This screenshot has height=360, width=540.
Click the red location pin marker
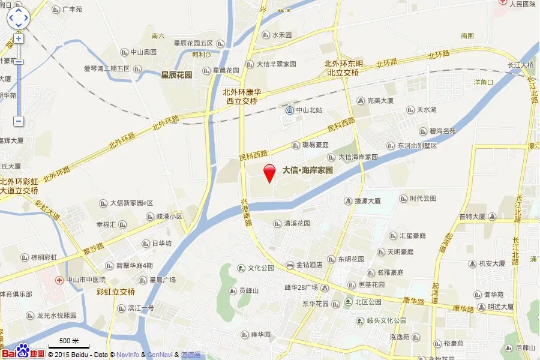(270, 172)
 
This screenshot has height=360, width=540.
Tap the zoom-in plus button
(18, 38)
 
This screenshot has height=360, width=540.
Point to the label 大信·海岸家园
(307, 170)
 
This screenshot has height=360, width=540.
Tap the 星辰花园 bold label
(176, 75)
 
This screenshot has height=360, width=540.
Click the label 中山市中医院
(86, 280)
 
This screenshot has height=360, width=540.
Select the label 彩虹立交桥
(115, 292)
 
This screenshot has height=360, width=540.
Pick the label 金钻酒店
(309, 265)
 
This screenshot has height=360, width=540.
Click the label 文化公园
(261, 268)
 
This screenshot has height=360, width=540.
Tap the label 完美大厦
(380, 101)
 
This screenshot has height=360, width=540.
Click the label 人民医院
(521, 4)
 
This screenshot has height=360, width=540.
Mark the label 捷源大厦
(367, 202)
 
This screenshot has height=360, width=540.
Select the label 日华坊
(161, 244)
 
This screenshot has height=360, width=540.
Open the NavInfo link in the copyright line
(127, 355)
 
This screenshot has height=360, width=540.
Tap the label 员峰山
(248, 291)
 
